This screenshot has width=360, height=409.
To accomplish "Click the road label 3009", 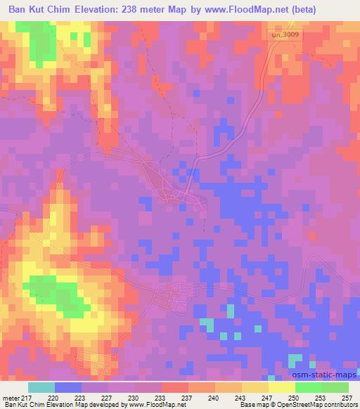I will pyautogui.click(x=288, y=33).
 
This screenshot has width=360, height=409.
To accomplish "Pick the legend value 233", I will pyautogui.click(x=161, y=398).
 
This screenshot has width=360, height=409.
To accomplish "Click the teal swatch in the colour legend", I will pyautogui.click(x=41, y=387).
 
